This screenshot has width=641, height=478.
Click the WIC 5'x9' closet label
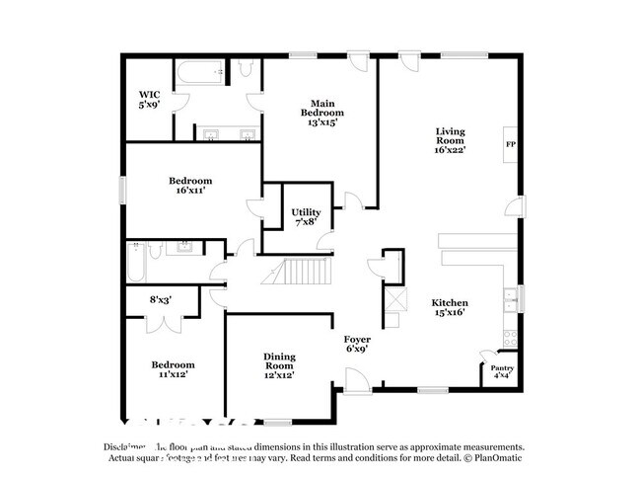click(x=148, y=98)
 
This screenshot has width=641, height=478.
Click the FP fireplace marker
click(x=510, y=145)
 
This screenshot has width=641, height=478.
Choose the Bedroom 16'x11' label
click(x=189, y=187)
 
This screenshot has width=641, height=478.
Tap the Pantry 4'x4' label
click(x=502, y=372)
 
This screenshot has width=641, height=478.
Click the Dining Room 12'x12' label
click(x=278, y=364)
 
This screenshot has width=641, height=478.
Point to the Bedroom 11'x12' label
click(x=173, y=369)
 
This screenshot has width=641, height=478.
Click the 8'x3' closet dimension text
click(x=161, y=299)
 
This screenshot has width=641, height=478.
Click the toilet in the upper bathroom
click(x=244, y=69)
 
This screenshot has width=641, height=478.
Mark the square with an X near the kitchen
click(x=393, y=300)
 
